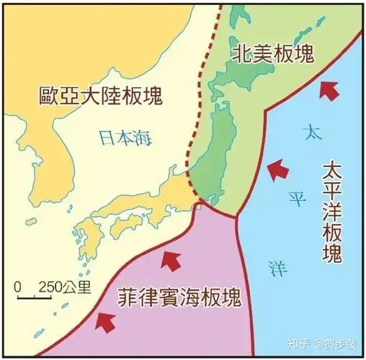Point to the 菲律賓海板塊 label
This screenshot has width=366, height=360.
click(179, 297)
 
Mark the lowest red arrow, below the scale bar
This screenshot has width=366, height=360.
click(106, 321)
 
